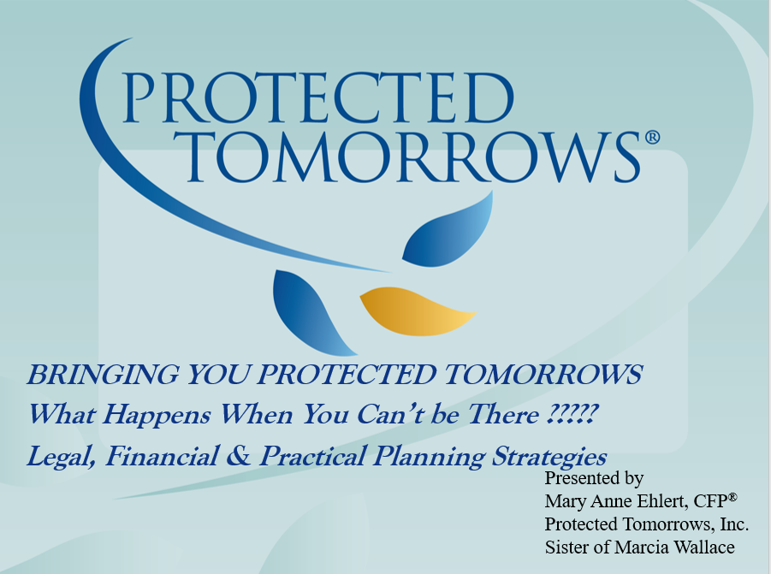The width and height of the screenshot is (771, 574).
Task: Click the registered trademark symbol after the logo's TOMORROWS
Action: [651, 137]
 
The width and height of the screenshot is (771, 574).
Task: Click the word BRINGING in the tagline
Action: [93, 374]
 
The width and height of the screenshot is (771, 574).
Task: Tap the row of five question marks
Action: [570, 415]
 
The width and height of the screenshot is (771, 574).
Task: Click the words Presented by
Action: [594, 478]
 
